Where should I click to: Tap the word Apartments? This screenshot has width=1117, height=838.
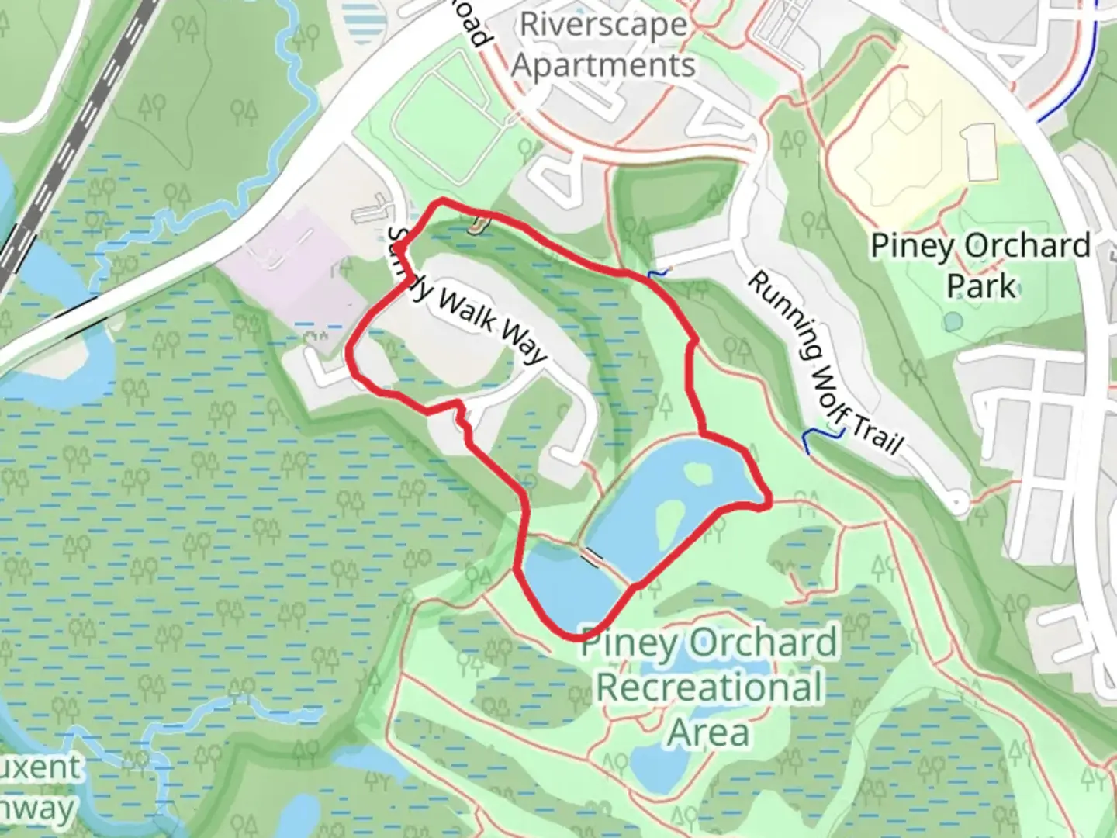click(x=603, y=65)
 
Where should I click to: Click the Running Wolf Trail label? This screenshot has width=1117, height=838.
click(x=824, y=362)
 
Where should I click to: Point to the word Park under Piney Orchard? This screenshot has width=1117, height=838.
click(x=980, y=286)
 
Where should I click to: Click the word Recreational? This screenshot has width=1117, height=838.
click(x=710, y=687)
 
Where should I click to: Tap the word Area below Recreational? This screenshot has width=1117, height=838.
click(x=709, y=732)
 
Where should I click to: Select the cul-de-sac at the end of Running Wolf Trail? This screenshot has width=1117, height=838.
click(x=960, y=502)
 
